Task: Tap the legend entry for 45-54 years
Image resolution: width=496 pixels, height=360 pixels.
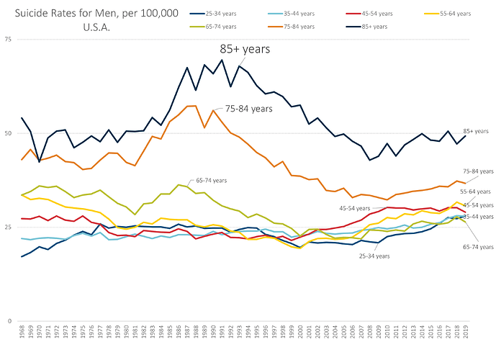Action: tap(364, 13)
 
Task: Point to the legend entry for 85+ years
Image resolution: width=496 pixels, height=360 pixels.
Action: tap(364, 26)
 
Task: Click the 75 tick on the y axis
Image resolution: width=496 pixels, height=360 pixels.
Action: tap(8, 40)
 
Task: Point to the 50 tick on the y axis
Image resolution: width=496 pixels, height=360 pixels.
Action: tap(8, 133)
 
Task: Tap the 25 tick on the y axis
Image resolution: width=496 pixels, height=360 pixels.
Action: tap(8, 228)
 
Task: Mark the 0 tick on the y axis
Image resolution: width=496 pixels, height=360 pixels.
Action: tap(9, 321)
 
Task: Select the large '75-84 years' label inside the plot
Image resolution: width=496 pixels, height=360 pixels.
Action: tap(249, 108)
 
